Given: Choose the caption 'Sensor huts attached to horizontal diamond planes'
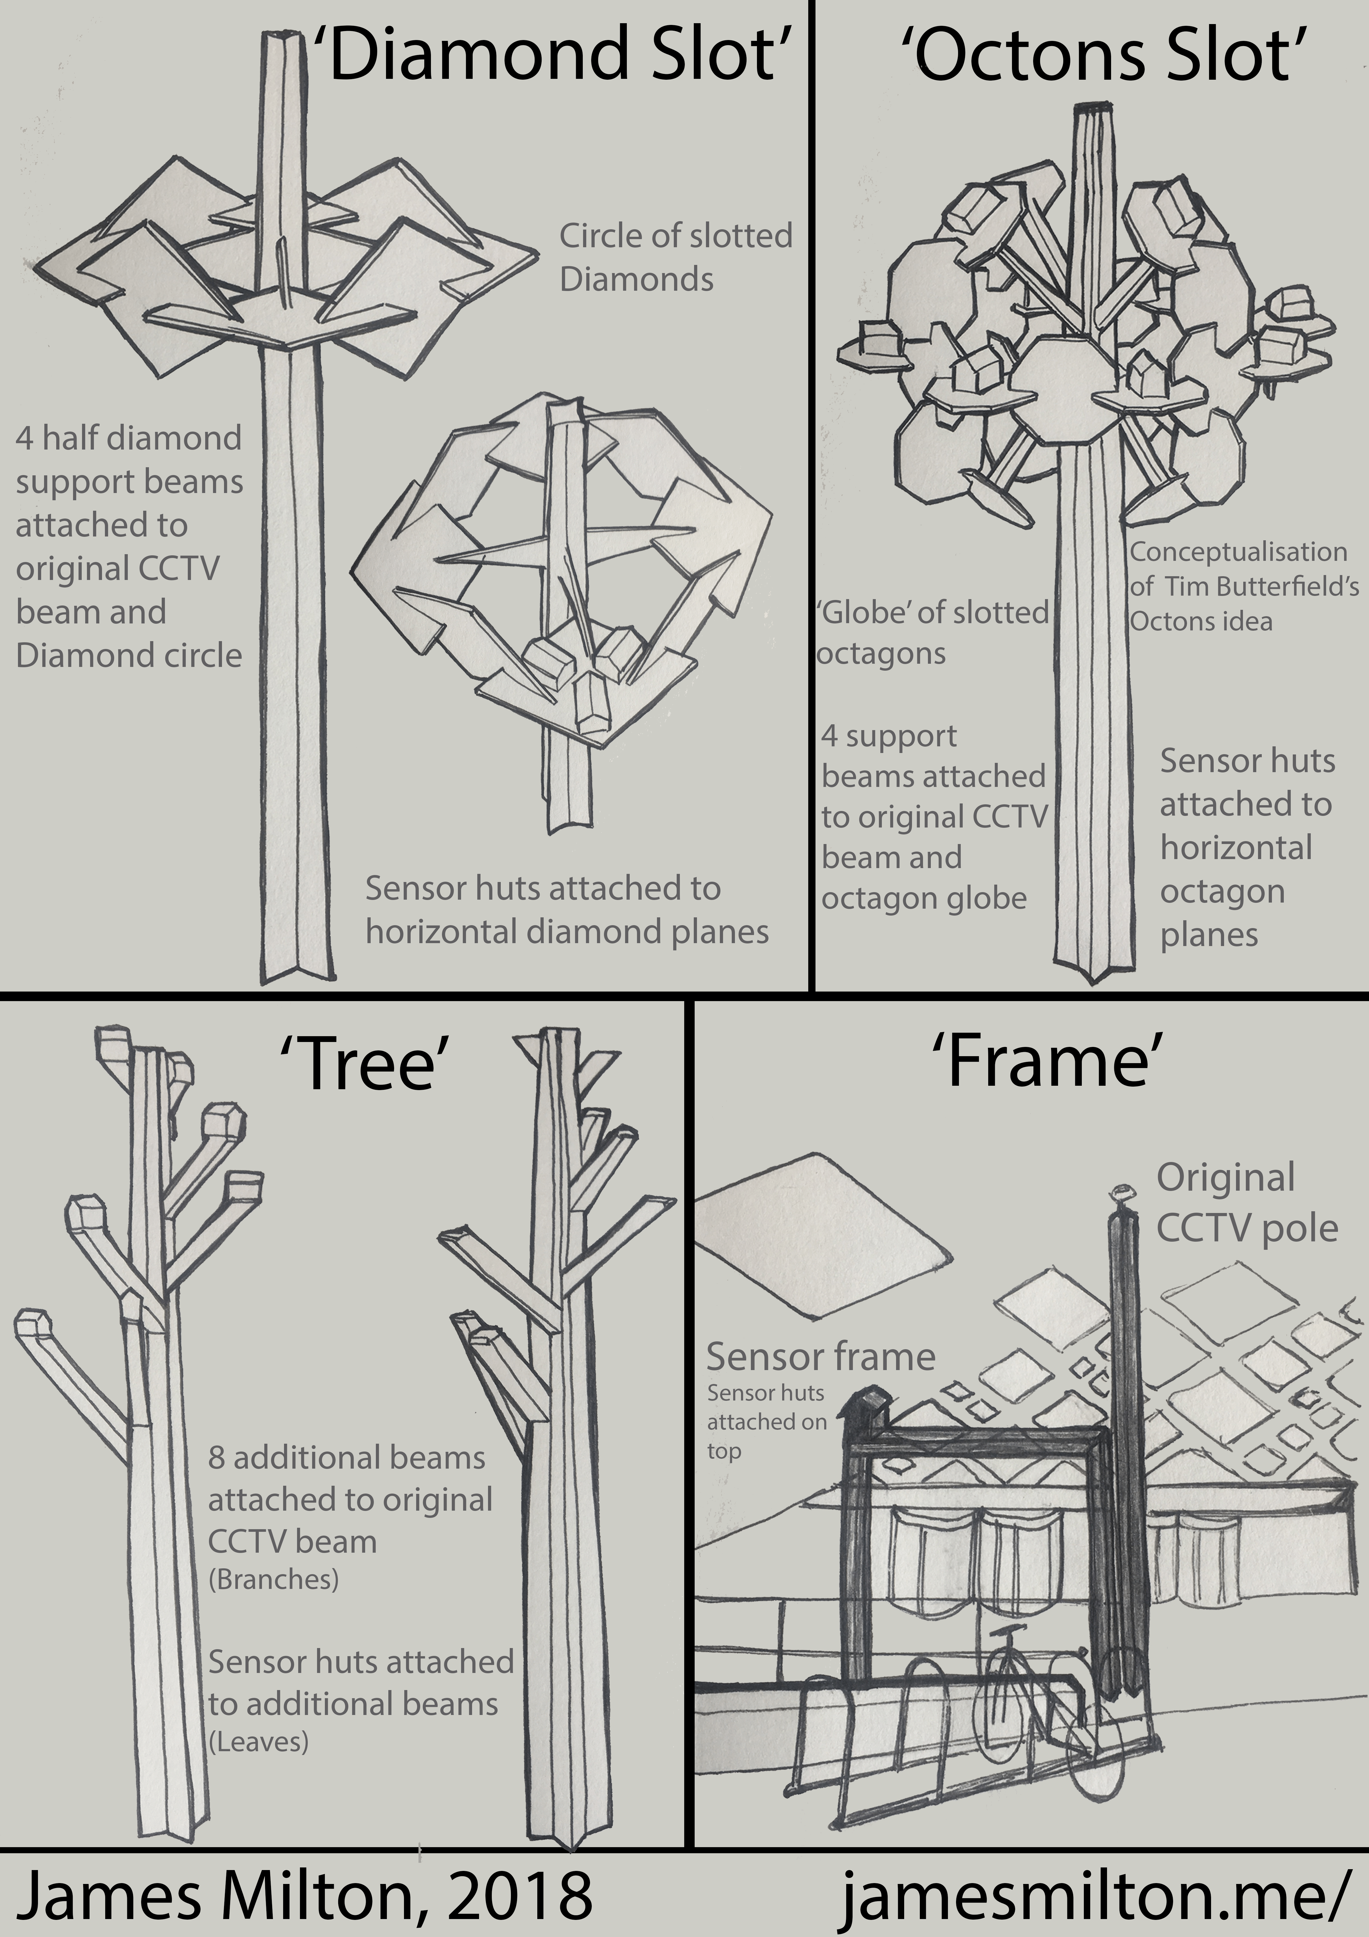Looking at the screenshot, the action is click(x=567, y=910).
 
